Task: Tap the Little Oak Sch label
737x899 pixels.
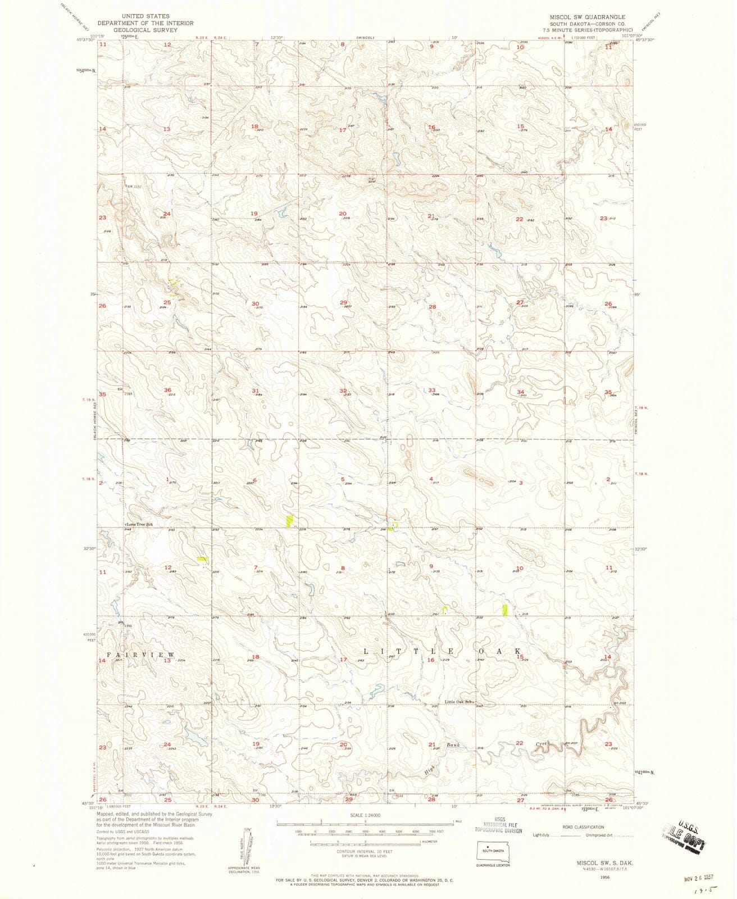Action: coord(460,702)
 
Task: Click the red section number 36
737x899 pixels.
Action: coord(167,391)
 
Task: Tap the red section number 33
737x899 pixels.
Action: coord(432,390)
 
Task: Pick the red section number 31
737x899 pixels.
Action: coord(256,391)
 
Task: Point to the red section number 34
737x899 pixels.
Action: coord(521,392)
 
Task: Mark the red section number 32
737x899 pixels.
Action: coord(343,391)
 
